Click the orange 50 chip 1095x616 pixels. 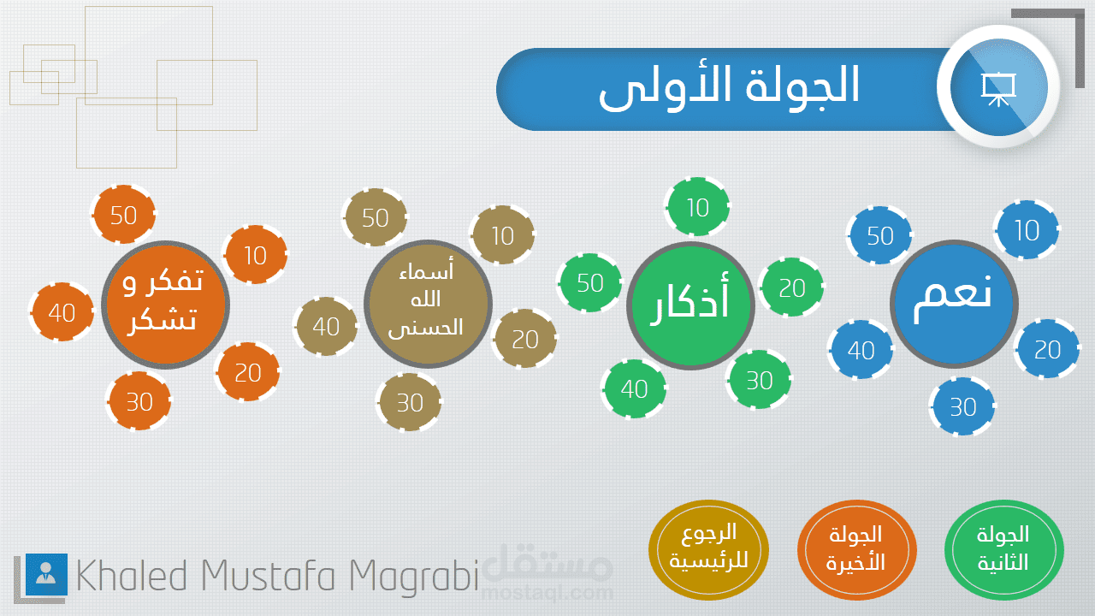point(124,214)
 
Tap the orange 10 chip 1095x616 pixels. point(255,254)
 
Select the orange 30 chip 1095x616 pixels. point(139,401)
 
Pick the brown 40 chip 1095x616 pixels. point(326,326)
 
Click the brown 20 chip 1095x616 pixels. point(525,338)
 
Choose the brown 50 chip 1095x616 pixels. point(375,217)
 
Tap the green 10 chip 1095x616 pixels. point(697,207)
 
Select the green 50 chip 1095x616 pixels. point(590,282)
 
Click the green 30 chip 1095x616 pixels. point(759,379)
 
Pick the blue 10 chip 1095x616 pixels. point(1027,229)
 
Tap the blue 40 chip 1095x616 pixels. point(861,350)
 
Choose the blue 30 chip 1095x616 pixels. point(962,406)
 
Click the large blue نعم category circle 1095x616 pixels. point(954,304)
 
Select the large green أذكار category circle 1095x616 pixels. point(690,305)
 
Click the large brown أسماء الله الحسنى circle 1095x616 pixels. point(428,304)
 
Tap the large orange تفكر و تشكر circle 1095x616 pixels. point(165,305)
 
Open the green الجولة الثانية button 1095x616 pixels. point(1004,549)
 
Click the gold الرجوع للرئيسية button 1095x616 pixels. point(708,549)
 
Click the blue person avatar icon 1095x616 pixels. point(46,574)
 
